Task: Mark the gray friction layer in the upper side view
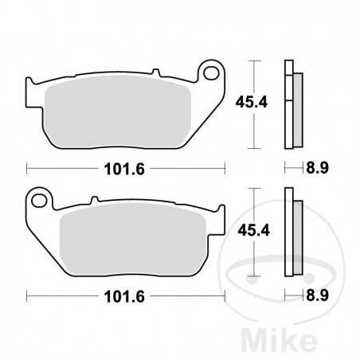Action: tap(297, 108)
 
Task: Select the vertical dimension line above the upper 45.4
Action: tap(253, 76)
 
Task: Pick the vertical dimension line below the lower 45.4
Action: tap(253, 259)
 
